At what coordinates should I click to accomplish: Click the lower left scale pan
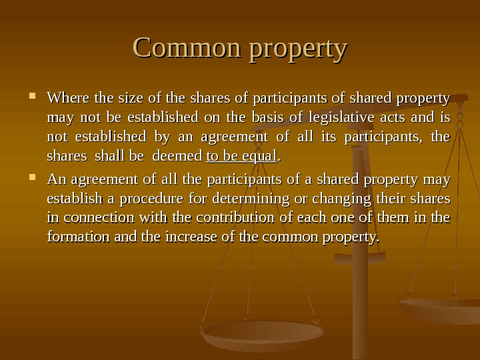coord(263,333)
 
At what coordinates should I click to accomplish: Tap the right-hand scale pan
coord(440,309)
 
